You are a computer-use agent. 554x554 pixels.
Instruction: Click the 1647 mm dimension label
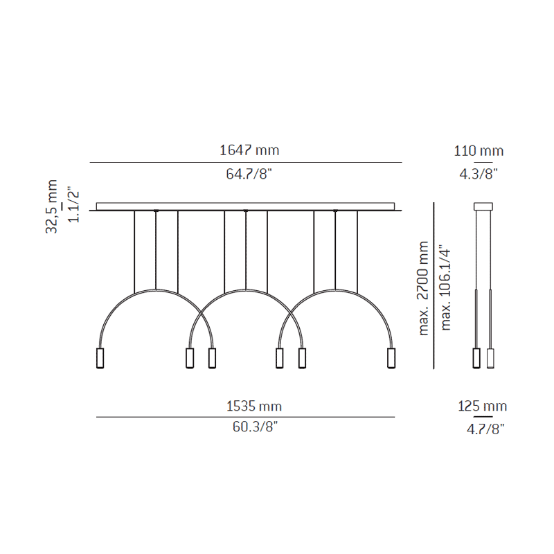point(249,150)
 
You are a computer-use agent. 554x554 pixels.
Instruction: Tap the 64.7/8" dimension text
point(249,174)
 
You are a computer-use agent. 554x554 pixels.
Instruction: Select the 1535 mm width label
point(254,406)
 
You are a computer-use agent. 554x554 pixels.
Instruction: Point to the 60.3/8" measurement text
point(255,427)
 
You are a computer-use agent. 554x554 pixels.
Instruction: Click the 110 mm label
point(479,151)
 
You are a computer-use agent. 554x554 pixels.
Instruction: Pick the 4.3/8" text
point(479,174)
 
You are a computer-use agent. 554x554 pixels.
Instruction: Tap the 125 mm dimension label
point(482,406)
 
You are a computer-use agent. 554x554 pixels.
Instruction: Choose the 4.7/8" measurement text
point(485,429)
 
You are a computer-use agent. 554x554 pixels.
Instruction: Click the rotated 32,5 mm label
point(51,206)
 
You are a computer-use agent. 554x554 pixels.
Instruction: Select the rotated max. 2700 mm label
point(423,288)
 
